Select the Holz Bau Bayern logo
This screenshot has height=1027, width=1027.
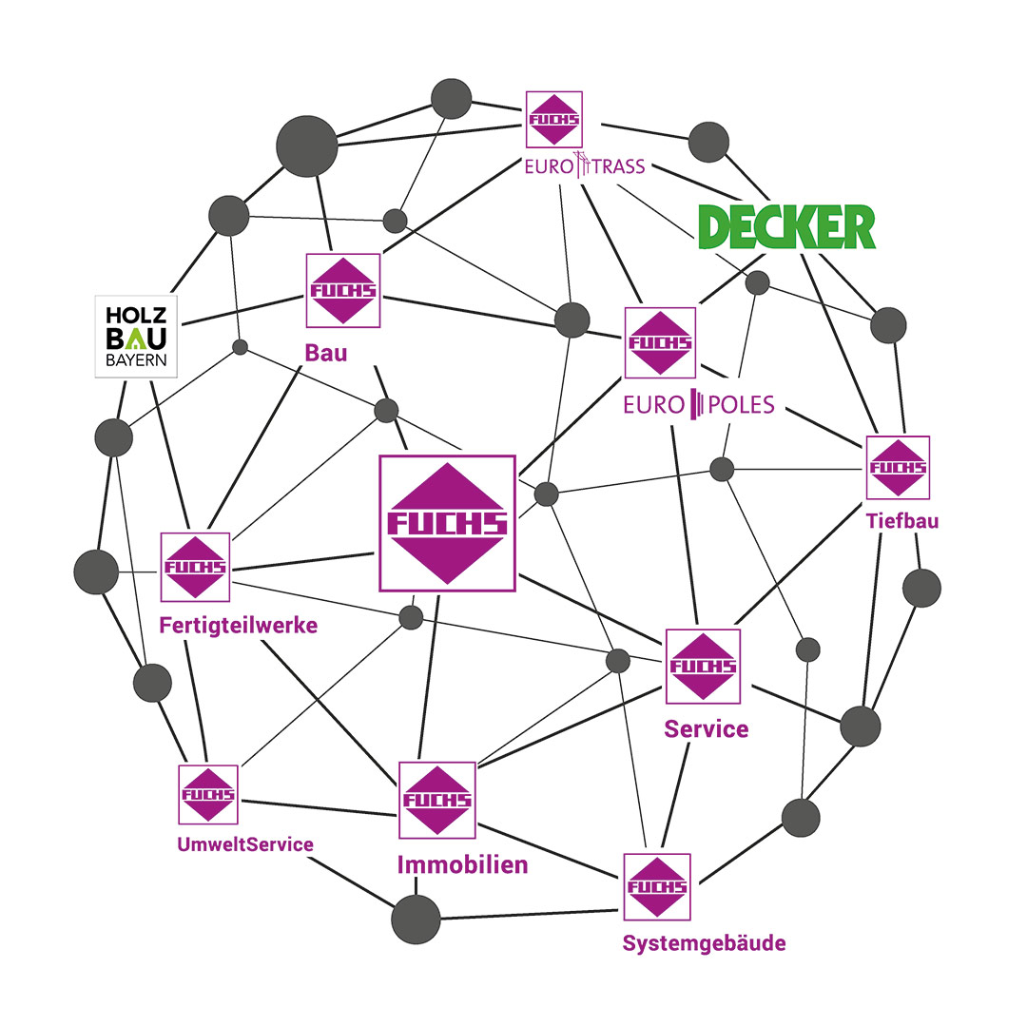(x=137, y=336)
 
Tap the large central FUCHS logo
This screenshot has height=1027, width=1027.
(x=447, y=523)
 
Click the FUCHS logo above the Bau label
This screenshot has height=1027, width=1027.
(x=342, y=290)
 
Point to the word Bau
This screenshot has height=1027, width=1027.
(x=326, y=354)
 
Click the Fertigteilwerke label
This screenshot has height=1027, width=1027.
(x=239, y=626)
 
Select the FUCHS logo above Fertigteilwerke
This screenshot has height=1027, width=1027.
(x=195, y=567)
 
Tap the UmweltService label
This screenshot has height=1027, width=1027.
(x=245, y=843)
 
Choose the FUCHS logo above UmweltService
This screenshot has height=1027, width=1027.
(x=208, y=794)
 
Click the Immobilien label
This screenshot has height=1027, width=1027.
(x=462, y=865)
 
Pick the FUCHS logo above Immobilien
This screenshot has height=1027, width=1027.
(x=437, y=800)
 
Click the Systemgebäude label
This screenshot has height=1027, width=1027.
(x=705, y=943)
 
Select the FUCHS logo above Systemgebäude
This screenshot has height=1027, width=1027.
(x=657, y=885)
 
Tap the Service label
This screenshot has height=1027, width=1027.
(x=706, y=729)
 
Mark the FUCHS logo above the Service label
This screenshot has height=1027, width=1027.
(x=703, y=666)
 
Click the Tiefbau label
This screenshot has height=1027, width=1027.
(x=902, y=521)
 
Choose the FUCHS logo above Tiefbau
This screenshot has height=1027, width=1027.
(x=898, y=467)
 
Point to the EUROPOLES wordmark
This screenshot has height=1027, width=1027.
(x=699, y=406)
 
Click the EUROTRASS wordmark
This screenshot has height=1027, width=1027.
(x=585, y=166)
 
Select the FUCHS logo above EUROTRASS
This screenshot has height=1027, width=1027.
(x=554, y=119)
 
